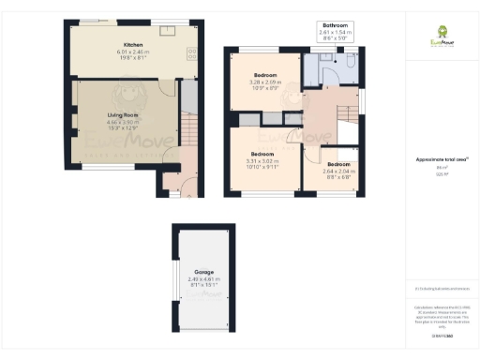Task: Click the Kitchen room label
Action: pos(132,44)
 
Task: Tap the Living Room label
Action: pos(122,115)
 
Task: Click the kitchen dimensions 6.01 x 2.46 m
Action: pos(132,51)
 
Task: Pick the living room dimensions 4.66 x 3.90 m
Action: pos(122,122)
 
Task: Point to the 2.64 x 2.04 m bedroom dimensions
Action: pos(338,172)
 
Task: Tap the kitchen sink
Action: pos(170,31)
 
